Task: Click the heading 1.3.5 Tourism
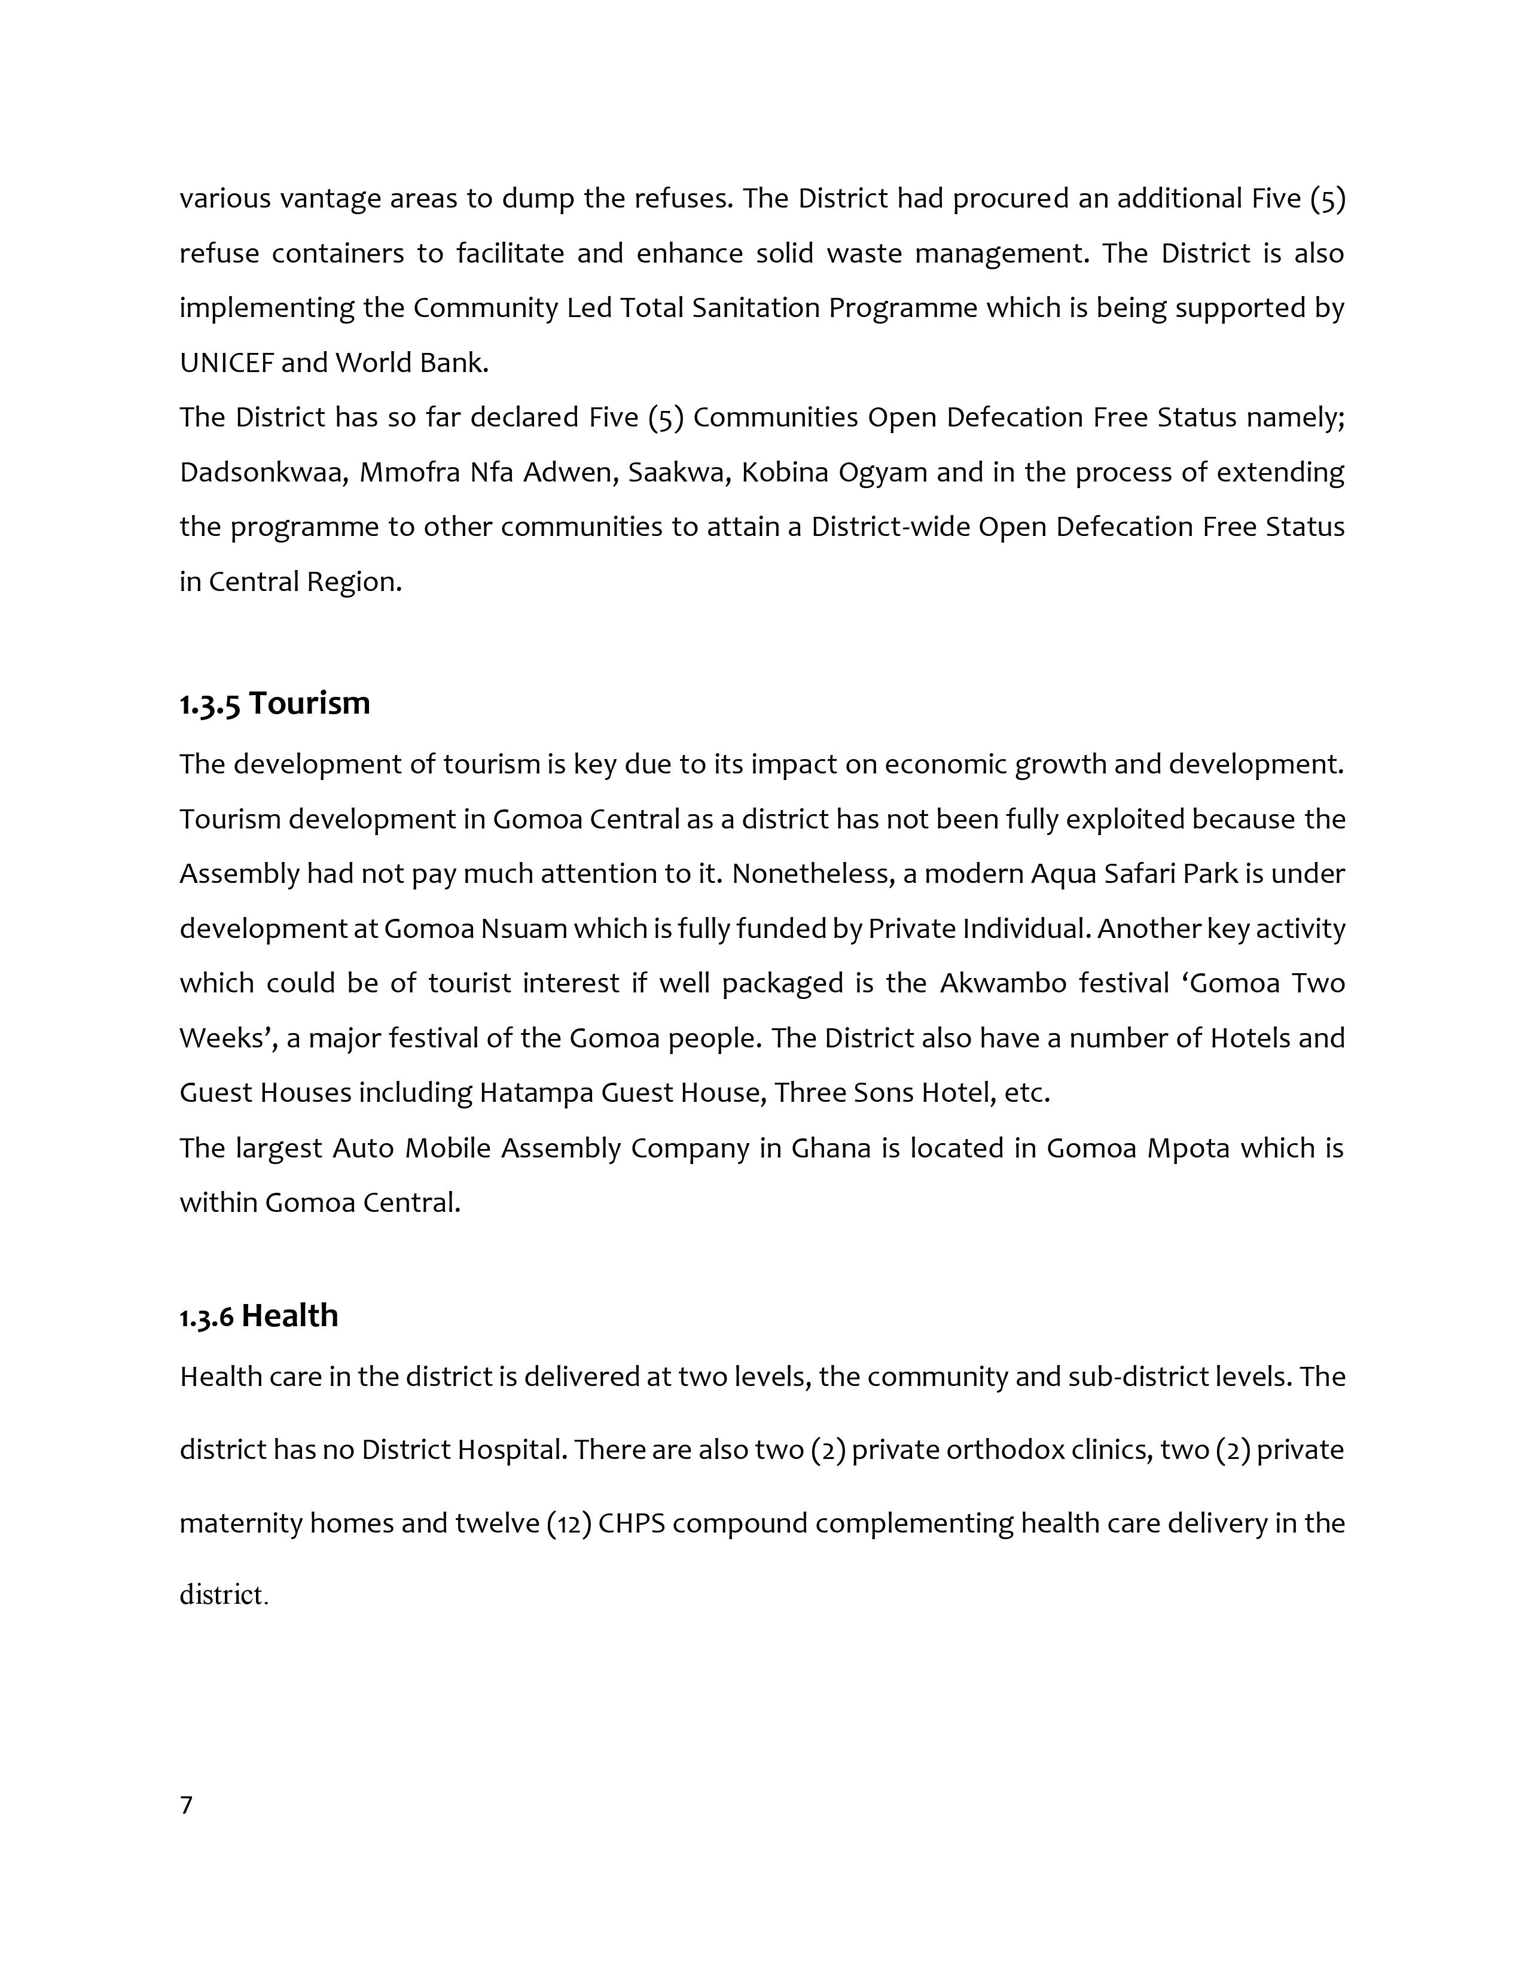click(274, 703)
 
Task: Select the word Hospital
click(511, 1451)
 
